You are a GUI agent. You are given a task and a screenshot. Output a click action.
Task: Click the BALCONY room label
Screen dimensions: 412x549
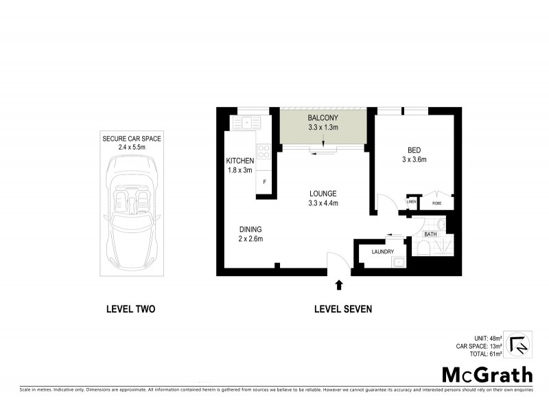(323, 117)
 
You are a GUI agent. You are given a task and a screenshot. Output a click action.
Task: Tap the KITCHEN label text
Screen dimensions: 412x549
(240, 161)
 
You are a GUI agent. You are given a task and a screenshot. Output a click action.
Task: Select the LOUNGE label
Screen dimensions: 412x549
(323, 194)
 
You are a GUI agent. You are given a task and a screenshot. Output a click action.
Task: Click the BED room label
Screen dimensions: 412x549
(414, 150)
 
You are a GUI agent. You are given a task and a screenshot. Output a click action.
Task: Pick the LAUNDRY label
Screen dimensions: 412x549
(382, 252)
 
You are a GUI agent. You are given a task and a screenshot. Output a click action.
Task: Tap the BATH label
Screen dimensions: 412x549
(430, 234)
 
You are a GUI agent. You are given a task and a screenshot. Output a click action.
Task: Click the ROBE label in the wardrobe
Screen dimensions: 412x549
(436, 203)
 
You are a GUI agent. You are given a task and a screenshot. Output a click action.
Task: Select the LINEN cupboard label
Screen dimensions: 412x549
(412, 202)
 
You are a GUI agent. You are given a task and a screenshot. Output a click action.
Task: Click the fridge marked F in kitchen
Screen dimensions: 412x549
(265, 182)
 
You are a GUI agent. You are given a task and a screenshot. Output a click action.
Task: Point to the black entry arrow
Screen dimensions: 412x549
(338, 284)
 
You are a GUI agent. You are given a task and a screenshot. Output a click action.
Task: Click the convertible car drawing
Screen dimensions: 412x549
(131, 210)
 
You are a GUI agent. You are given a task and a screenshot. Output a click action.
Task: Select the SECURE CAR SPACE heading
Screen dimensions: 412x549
(131, 139)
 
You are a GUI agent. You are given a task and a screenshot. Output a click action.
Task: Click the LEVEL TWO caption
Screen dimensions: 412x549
(130, 309)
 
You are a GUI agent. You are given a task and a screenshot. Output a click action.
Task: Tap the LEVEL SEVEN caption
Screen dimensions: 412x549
(342, 309)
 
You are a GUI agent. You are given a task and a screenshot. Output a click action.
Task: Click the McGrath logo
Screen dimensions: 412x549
(486, 374)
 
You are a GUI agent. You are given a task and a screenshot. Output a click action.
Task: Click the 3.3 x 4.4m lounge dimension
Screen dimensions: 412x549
(323, 203)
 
